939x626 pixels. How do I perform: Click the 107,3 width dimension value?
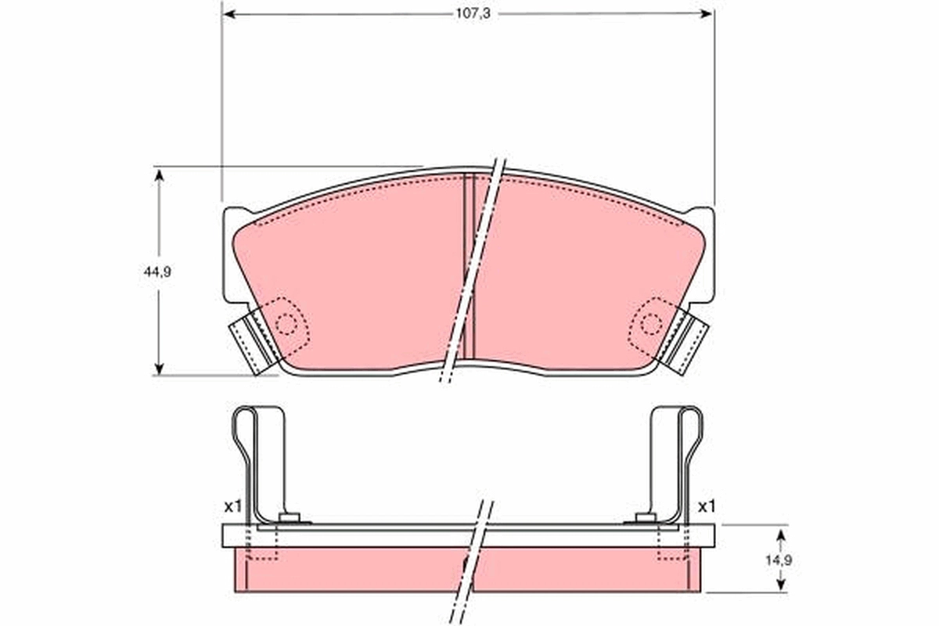tap(473, 14)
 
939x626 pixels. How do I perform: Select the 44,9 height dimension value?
tap(157, 272)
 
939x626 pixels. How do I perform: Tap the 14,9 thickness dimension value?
tap(779, 560)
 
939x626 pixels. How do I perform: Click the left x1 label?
tap(233, 507)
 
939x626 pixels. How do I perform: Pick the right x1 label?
tap(707, 507)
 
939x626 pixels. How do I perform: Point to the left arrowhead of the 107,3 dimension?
tap(228, 14)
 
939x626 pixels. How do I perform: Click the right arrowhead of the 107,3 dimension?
tap(707, 14)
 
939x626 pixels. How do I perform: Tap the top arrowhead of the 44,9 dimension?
tap(159, 174)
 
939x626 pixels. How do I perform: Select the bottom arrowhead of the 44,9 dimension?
tap(159, 368)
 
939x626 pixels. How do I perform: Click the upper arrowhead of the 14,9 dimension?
tap(781, 537)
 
